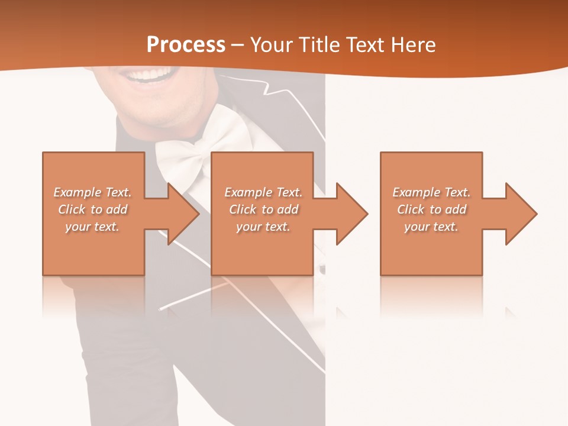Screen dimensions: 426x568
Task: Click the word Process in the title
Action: coord(186,45)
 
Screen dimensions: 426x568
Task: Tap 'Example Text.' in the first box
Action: coord(93,192)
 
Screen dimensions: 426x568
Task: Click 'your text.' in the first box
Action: coord(92,227)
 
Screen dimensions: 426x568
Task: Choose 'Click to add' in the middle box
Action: coord(263,209)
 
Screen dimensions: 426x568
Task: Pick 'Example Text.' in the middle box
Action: coord(263,192)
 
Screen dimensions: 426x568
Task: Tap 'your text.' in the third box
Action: coord(431,227)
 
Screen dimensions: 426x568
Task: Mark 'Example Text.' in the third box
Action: coord(431,192)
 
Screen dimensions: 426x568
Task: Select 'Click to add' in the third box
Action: coord(431,209)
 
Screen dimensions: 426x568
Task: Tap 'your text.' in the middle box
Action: coord(263,227)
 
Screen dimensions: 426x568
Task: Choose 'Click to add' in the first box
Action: coord(93,209)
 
